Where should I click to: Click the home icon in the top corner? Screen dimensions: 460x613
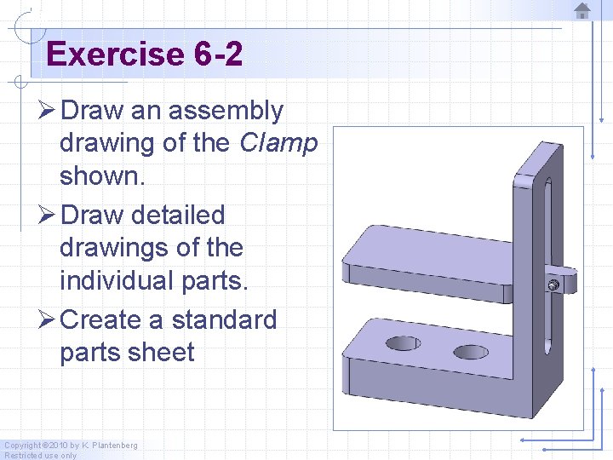click(x=582, y=11)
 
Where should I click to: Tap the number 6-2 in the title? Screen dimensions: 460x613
click(x=218, y=55)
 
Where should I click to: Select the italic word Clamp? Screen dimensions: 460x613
click(x=278, y=143)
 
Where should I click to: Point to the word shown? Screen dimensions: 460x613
click(x=99, y=175)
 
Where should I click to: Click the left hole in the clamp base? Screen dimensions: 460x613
click(x=403, y=343)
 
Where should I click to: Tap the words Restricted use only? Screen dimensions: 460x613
click(x=41, y=455)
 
